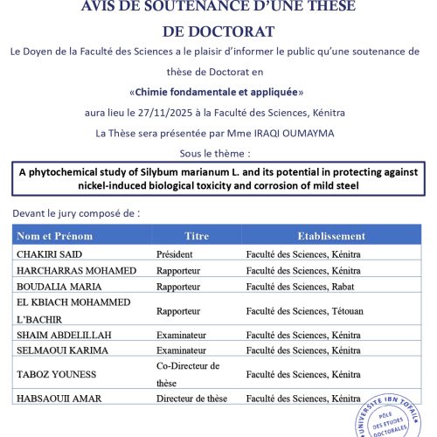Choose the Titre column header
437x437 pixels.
pyautogui.click(x=197, y=236)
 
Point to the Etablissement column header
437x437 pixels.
pyautogui.click(x=331, y=236)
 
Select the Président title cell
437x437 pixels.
pyautogui.click(x=175, y=254)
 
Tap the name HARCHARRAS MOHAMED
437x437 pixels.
pyautogui.click(x=76, y=270)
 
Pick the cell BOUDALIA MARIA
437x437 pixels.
pyautogui.click(x=58, y=286)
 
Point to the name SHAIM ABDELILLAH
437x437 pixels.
pyautogui.click(x=64, y=334)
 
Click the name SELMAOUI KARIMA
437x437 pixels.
pyautogui.click(x=62, y=350)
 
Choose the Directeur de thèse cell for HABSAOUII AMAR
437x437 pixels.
pyautogui.click(x=191, y=399)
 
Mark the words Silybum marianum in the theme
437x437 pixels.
pyautogui.click(x=188, y=171)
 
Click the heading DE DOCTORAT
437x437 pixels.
pyautogui.click(x=218, y=31)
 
